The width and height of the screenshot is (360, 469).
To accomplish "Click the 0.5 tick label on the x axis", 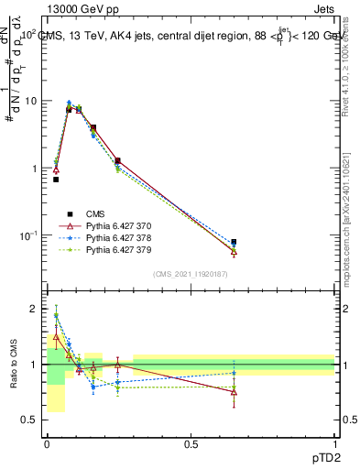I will [191, 443].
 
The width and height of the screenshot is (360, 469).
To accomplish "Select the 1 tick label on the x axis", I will [334, 443].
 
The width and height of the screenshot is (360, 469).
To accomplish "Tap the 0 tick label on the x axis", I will [47, 443].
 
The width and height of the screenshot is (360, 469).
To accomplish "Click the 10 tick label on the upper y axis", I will [31, 101].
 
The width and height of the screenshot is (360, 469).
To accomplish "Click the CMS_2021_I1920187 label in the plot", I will [191, 274].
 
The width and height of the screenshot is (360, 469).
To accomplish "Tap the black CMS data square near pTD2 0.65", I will [234, 242].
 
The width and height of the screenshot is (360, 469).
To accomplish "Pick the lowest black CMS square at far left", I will [56, 180].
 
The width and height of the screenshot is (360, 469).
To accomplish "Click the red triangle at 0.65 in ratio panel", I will [234, 392].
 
